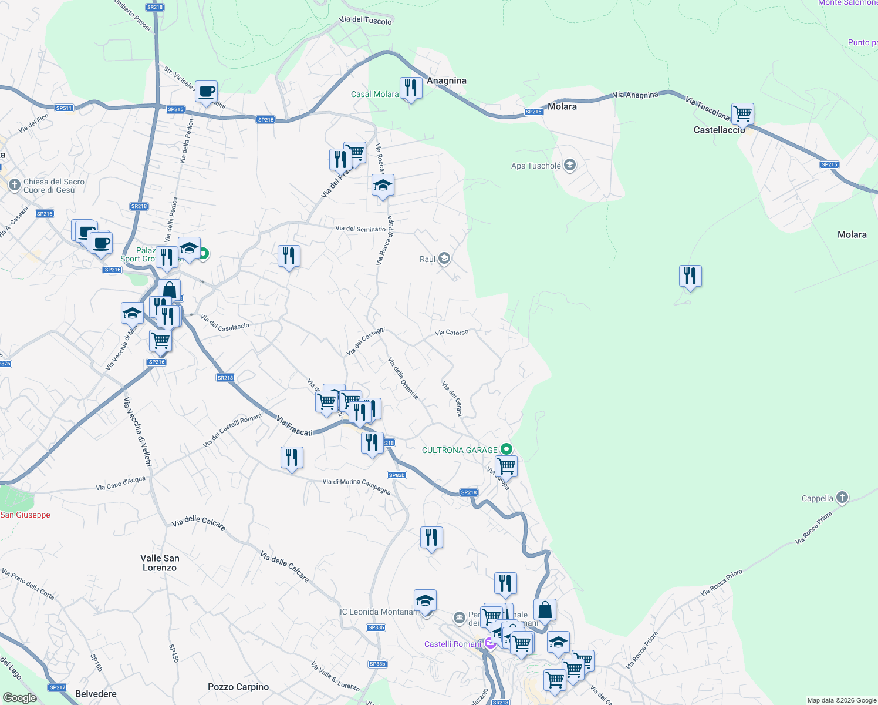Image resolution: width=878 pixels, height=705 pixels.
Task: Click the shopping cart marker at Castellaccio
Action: [x=742, y=113]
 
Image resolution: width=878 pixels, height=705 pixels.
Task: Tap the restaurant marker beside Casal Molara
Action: [x=411, y=88]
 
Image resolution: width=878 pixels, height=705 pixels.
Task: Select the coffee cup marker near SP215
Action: [x=206, y=92]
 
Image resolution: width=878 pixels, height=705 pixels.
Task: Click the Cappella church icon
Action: [x=842, y=498]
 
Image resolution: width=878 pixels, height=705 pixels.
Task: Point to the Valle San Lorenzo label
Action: [x=160, y=563]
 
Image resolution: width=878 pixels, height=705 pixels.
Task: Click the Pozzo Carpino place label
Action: [x=238, y=687]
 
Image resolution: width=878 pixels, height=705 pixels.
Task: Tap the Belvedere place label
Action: [x=96, y=694]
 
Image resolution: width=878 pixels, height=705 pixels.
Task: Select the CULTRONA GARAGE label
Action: [x=460, y=450]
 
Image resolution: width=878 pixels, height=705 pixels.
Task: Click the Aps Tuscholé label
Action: [x=536, y=166]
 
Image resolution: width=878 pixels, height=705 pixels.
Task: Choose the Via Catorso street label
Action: [x=451, y=333]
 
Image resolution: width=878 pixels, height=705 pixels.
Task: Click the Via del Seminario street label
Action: [x=360, y=229]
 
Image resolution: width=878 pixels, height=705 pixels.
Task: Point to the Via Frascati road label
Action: [x=295, y=427]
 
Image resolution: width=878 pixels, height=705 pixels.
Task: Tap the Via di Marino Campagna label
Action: [x=356, y=485]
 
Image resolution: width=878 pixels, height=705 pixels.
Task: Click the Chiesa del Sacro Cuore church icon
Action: [x=15, y=186]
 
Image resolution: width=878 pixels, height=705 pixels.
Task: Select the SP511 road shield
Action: [x=64, y=108]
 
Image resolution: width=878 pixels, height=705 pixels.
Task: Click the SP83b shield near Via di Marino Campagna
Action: [x=397, y=475]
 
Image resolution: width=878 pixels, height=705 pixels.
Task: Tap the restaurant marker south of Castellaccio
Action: [x=690, y=276]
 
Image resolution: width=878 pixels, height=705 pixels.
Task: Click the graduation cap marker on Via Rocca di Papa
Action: [x=383, y=186]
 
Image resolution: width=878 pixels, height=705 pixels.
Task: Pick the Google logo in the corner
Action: [x=19, y=697]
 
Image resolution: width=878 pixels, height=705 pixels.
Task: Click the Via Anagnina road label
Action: [x=636, y=95]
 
